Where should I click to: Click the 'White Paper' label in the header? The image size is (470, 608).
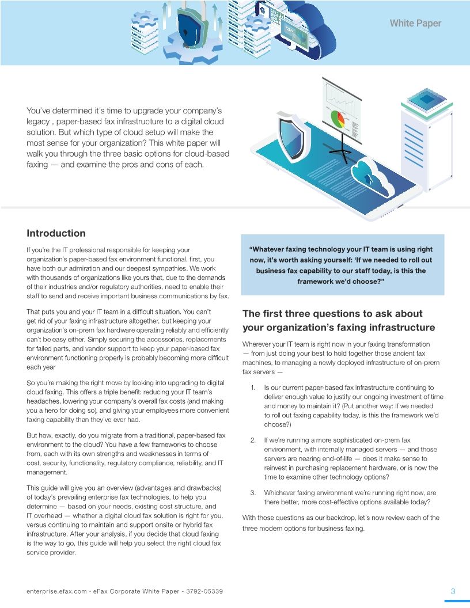click(415, 24)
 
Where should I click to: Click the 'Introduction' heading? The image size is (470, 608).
click(56, 233)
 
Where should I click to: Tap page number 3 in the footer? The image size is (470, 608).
click(453, 591)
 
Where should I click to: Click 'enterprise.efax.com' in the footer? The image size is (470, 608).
click(56, 591)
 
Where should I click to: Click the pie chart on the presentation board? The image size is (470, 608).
click(337, 119)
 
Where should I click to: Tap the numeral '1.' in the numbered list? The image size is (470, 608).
click(253, 388)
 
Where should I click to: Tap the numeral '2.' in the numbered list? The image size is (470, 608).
click(253, 440)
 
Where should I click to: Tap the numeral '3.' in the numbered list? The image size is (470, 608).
click(253, 493)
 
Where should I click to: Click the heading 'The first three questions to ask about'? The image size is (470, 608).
click(332, 314)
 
